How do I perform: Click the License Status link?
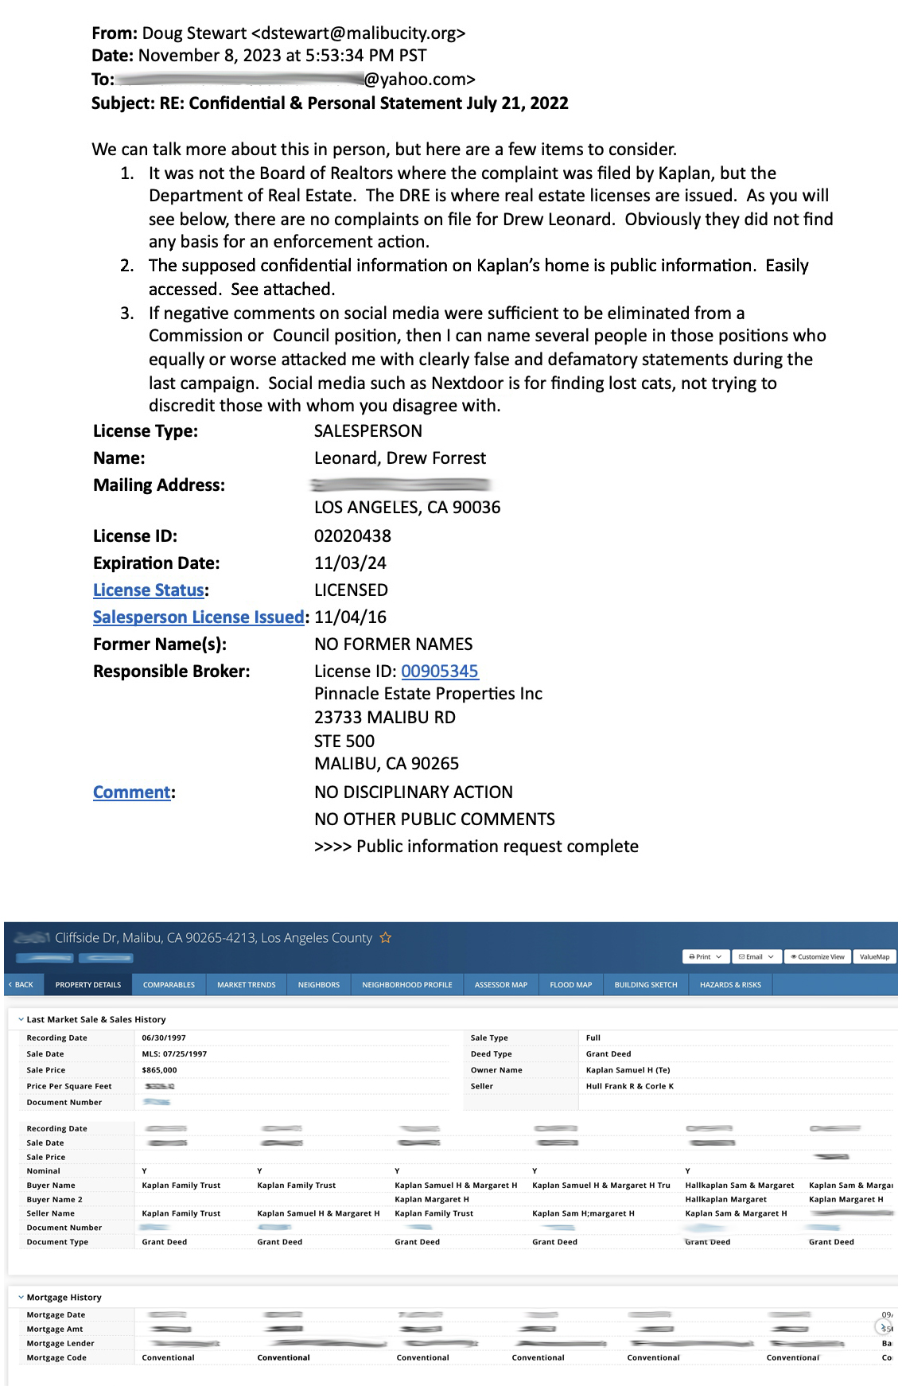tap(149, 590)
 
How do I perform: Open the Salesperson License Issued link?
tap(198, 617)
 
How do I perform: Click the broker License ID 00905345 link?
tap(439, 672)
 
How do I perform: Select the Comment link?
tap(131, 792)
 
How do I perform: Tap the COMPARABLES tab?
tap(169, 985)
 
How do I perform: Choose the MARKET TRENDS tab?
tap(246, 985)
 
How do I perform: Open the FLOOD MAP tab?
tap(570, 985)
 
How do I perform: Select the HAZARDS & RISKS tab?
tap(729, 985)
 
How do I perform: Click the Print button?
tap(705, 957)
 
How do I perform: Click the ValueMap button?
tap(874, 957)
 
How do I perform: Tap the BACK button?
tap(22, 985)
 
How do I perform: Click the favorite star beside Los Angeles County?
tap(386, 938)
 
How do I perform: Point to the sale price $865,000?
tap(159, 1070)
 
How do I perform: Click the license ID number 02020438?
tap(352, 536)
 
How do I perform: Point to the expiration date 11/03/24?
tap(350, 563)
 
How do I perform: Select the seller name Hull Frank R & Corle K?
tap(629, 1086)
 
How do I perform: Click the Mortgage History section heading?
tap(64, 1298)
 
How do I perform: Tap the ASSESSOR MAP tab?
tap(500, 985)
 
